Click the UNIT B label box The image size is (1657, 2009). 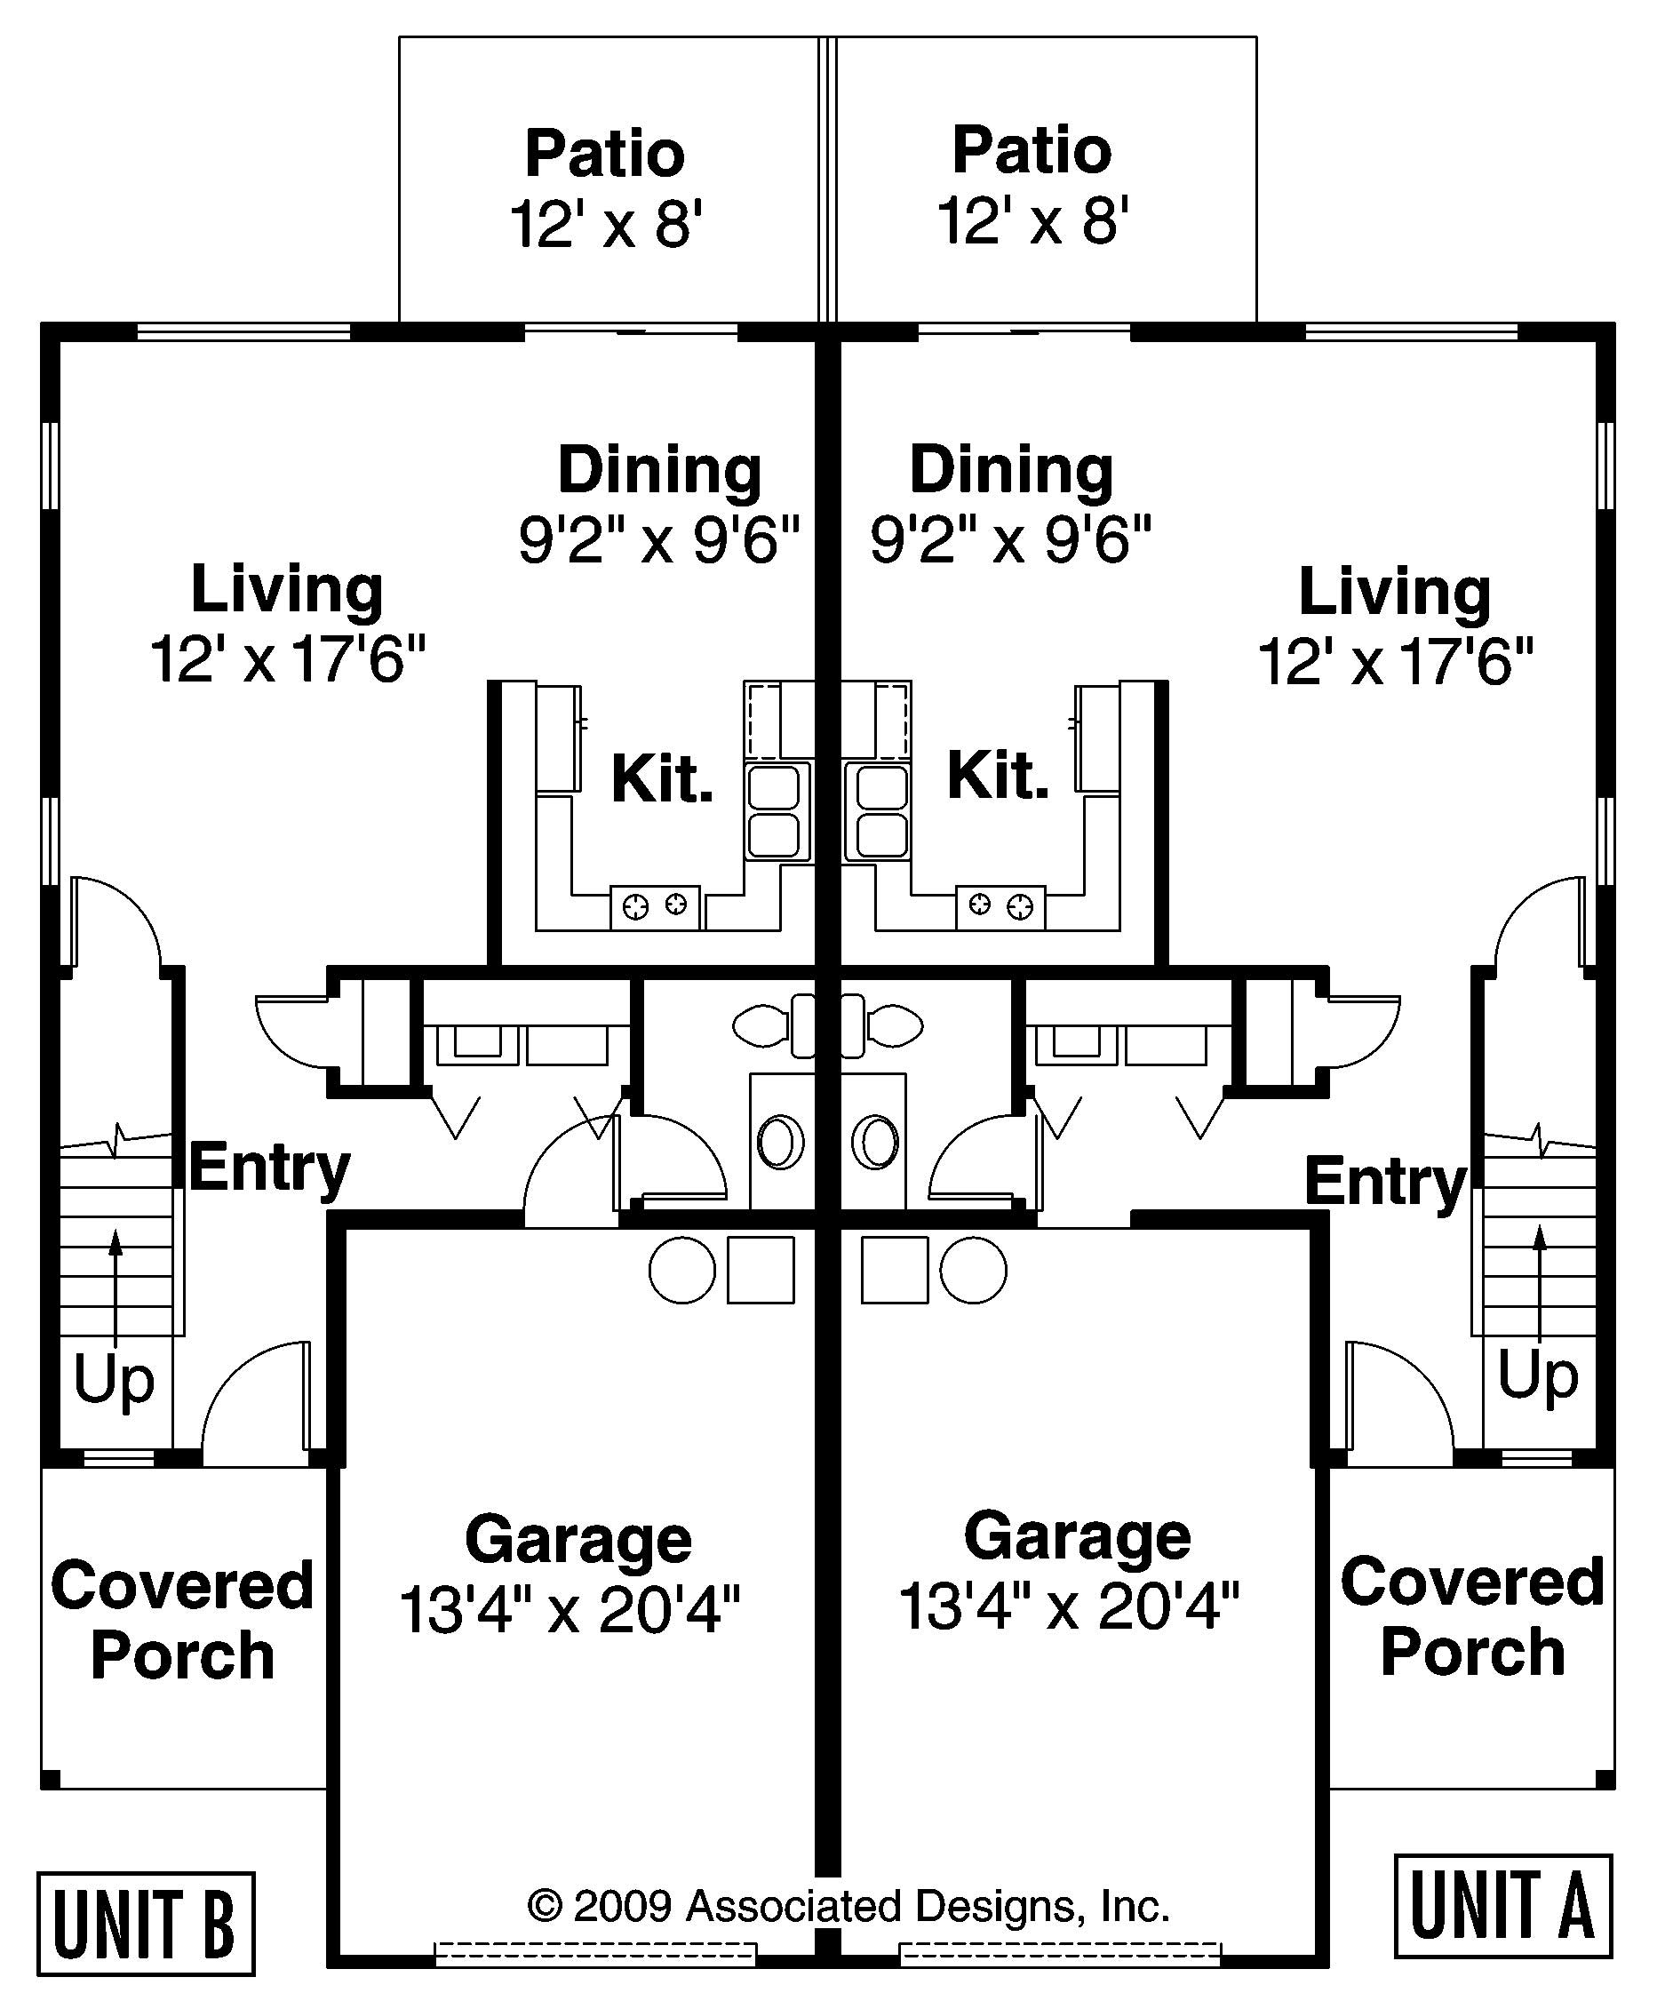tap(145, 1923)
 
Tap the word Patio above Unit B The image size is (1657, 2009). tap(604, 154)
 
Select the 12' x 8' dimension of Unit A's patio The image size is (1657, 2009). tap(1032, 220)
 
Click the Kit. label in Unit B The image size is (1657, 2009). tap(661, 780)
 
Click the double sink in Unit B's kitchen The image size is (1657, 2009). tap(774, 812)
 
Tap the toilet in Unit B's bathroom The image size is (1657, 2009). tap(769, 1027)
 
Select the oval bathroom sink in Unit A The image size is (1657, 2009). tap(875, 1143)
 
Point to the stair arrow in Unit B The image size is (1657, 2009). tap(116, 1288)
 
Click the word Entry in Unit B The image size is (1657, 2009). tap(269, 1168)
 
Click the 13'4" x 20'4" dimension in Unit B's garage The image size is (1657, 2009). tap(569, 1609)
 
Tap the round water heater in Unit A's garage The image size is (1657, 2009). tap(973, 1271)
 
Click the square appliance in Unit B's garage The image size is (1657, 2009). tap(761, 1271)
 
